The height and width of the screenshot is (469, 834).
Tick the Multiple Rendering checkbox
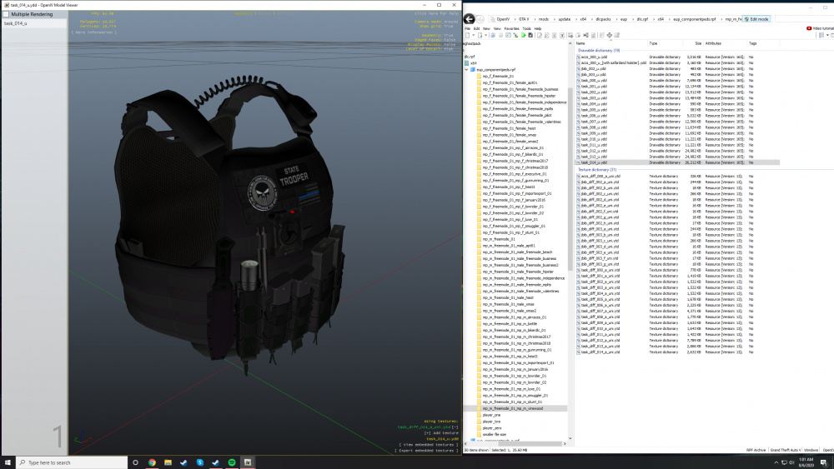(x=6, y=15)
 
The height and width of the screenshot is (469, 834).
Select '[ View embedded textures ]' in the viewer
(x=427, y=445)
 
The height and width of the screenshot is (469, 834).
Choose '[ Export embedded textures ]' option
(x=427, y=451)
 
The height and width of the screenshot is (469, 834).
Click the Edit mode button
(x=758, y=18)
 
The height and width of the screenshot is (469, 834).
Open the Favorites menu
(x=511, y=28)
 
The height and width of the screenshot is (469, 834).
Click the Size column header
(x=697, y=43)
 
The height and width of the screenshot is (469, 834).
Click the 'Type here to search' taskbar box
(x=67, y=462)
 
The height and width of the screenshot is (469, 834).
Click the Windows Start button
(x=8, y=462)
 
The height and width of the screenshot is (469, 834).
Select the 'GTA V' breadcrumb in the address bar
(x=523, y=18)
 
